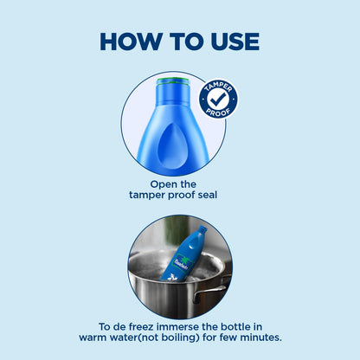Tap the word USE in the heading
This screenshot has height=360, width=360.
[235, 42]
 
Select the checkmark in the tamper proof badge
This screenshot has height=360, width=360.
[218, 99]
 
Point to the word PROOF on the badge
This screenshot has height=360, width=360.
[218, 112]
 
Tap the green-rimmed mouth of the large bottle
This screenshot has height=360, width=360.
[173, 81]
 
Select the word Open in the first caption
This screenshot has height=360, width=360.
[160, 184]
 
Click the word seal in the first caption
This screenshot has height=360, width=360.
[208, 195]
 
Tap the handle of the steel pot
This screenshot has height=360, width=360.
[210, 292]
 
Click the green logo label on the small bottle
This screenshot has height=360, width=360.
[181, 262]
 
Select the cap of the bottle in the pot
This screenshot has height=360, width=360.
[202, 230]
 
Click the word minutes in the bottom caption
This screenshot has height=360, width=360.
[260, 337]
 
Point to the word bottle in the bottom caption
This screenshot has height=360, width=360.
[235, 327]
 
